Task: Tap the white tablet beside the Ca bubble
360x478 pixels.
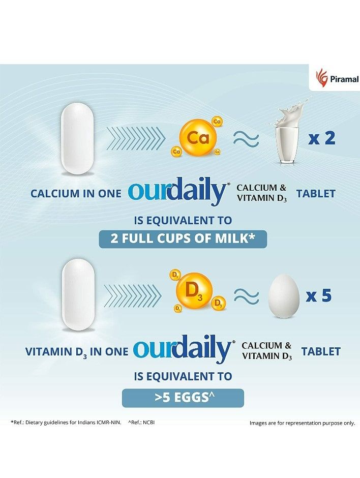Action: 78,138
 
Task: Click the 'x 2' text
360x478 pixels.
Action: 322,138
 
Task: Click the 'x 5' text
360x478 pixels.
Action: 319,295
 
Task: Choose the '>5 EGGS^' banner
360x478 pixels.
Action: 183,397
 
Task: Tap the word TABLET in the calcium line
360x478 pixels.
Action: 316,193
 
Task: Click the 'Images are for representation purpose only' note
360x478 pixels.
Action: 302,423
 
